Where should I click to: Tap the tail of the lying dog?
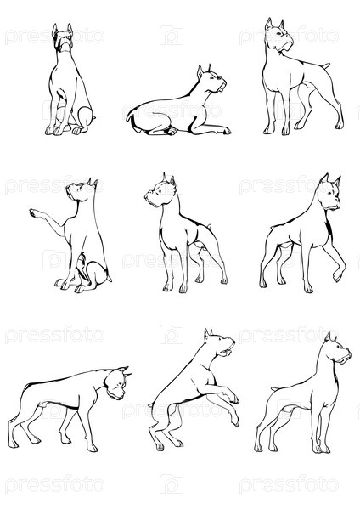click(130, 116)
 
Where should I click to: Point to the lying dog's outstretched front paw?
click(225, 131)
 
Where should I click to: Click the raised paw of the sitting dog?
click(35, 213)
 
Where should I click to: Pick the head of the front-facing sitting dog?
click(63, 37)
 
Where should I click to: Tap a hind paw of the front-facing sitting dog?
click(77, 131)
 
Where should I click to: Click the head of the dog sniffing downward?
click(117, 383)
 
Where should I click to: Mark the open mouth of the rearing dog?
click(227, 351)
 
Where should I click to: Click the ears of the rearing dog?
click(207, 333)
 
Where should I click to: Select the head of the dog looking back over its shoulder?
click(279, 35)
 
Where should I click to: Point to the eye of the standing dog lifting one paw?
click(329, 193)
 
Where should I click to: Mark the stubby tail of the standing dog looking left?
click(209, 226)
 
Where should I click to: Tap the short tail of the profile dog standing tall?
click(275, 388)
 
